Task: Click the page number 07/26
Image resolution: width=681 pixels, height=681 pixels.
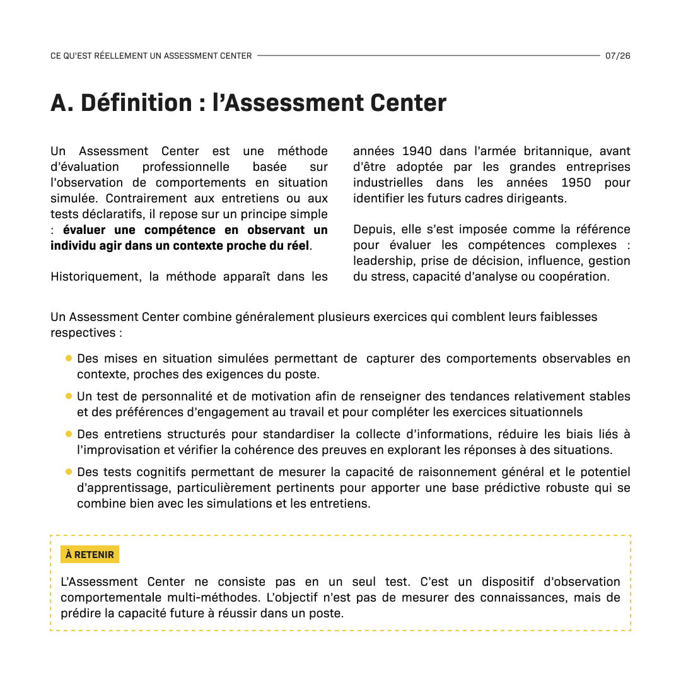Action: click(x=617, y=55)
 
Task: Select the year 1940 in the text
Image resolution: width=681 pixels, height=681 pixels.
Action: click(x=417, y=151)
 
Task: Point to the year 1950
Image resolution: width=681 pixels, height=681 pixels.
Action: click(x=576, y=182)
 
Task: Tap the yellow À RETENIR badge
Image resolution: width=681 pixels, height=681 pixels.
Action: click(x=90, y=555)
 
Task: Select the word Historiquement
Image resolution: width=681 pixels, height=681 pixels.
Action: click(x=96, y=276)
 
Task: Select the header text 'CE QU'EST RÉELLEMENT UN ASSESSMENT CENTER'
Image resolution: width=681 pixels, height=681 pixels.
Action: click(x=151, y=55)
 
